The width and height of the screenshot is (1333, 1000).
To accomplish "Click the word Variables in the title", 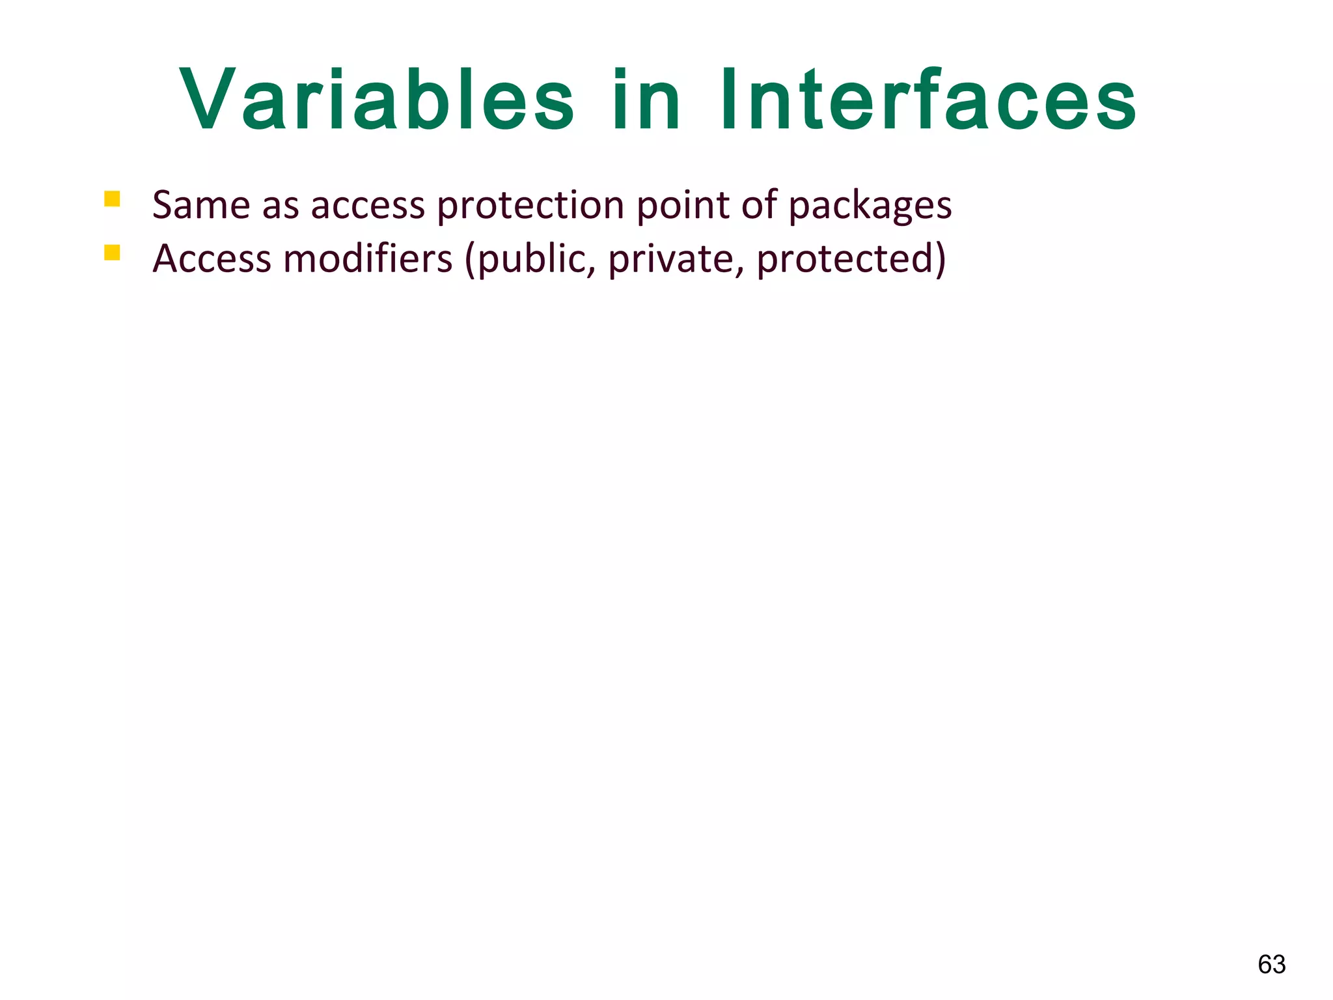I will [376, 101].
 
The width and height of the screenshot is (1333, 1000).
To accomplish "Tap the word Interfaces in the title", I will [928, 101].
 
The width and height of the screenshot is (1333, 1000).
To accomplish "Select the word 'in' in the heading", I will [646, 101].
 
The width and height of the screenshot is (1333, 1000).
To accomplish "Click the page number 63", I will [1271, 964].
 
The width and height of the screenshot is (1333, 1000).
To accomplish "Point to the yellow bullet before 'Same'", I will [112, 199].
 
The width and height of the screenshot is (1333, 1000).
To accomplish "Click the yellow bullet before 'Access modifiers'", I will [112, 252].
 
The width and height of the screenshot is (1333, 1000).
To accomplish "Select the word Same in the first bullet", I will [201, 205].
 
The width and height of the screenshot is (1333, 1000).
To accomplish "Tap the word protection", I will [530, 206].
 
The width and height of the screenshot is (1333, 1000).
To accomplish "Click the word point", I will [683, 206].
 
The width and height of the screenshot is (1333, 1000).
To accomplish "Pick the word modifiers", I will [368, 258].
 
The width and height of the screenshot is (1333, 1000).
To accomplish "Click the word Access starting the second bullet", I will [212, 258].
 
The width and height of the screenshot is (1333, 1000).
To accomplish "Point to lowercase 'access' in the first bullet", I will [368, 206].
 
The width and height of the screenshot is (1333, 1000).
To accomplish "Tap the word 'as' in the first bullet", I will [281, 206].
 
